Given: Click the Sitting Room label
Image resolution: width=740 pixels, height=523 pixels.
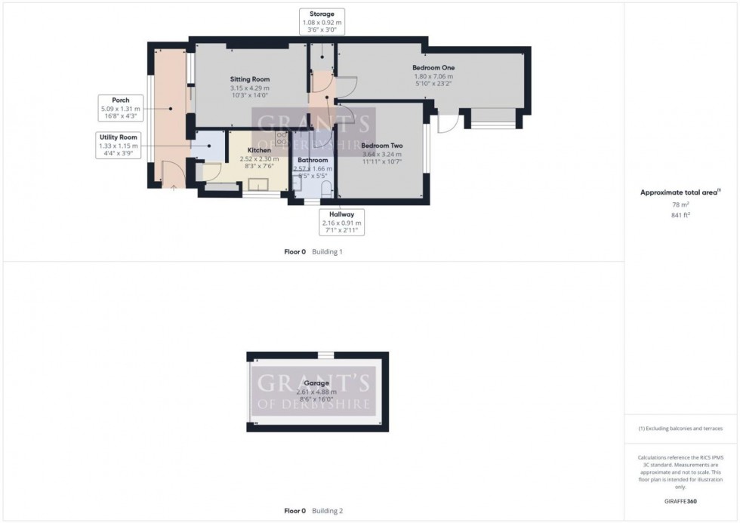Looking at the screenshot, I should click(x=249, y=79).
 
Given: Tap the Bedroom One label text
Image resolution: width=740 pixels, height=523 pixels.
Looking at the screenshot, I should click(x=433, y=67).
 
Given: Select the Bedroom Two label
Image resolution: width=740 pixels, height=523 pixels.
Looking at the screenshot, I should click(x=381, y=146).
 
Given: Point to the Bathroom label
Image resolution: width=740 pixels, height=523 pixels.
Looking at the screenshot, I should click(x=313, y=160).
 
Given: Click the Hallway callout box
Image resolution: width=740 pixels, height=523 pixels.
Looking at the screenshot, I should click(x=341, y=219).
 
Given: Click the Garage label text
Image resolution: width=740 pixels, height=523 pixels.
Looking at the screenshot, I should click(x=317, y=383).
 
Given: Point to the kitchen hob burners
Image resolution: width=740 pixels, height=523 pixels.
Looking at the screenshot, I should click(x=281, y=139).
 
